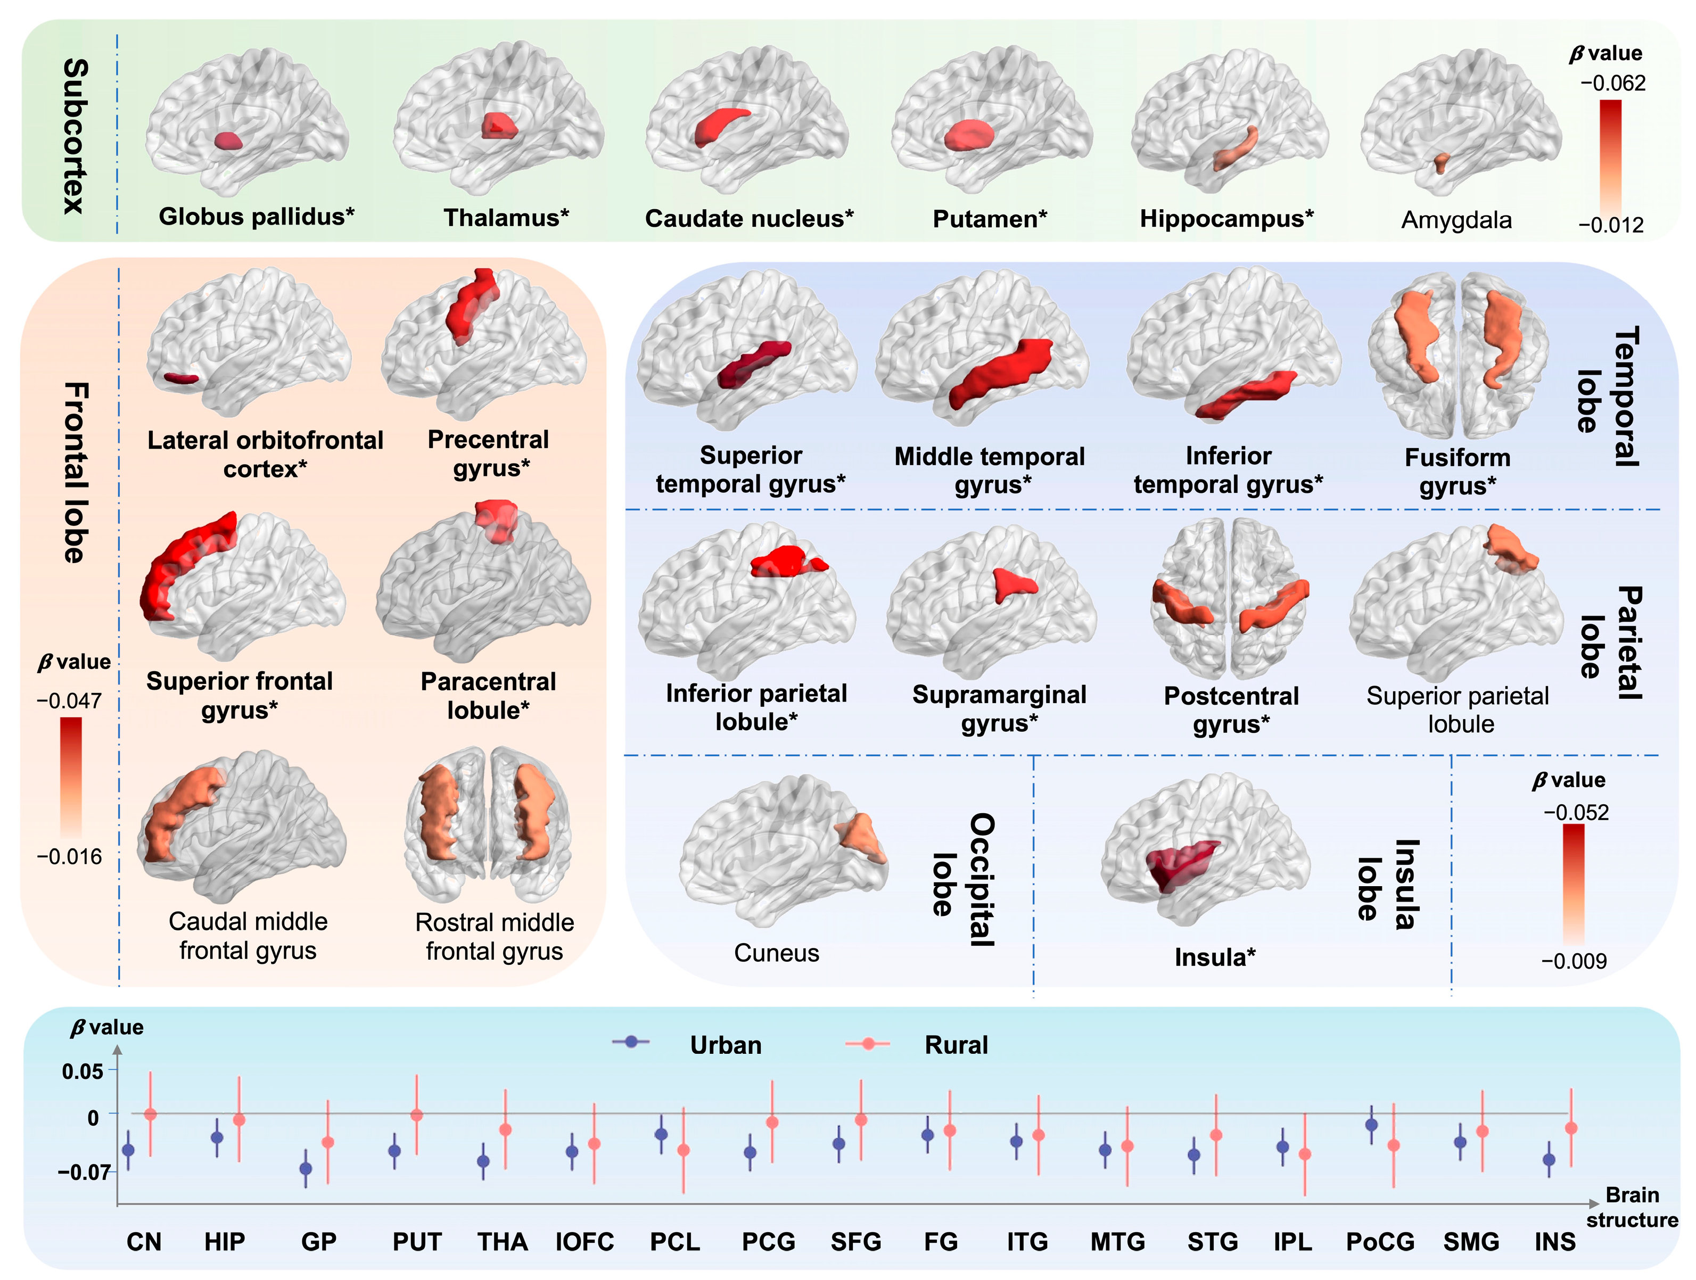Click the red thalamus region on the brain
point(499,126)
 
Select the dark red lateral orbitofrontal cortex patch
point(181,378)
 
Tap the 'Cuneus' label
point(777,953)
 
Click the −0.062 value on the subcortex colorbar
point(1612,83)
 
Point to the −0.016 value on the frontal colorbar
point(69,856)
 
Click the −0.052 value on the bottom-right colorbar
point(1576,813)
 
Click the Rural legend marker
point(867,1044)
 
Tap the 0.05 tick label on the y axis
point(83,1071)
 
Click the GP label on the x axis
point(318,1242)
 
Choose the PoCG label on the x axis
point(1380,1242)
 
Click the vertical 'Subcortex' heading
point(75,136)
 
